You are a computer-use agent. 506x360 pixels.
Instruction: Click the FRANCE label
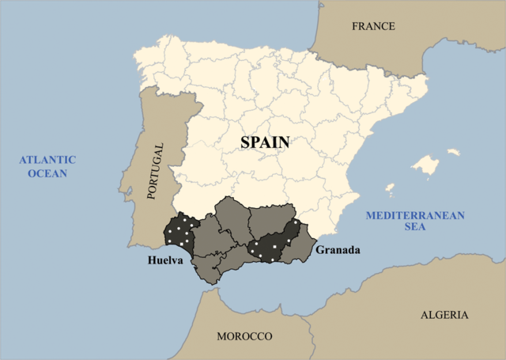click(x=373, y=26)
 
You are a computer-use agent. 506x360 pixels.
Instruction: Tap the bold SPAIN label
click(x=265, y=142)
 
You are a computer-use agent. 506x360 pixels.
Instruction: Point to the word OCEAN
click(x=47, y=173)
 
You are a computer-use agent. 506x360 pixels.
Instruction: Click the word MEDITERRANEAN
click(x=414, y=215)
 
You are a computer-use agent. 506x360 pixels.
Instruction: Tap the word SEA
click(x=414, y=228)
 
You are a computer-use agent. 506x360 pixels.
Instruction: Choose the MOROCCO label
click(x=244, y=336)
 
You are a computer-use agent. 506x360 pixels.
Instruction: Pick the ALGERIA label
click(x=444, y=315)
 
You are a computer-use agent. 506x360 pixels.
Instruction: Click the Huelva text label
click(x=165, y=260)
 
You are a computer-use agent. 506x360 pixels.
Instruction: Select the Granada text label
click(x=338, y=251)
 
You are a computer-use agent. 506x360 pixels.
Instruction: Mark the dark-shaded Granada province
click(x=273, y=244)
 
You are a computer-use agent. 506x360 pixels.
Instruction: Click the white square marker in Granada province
click(x=274, y=248)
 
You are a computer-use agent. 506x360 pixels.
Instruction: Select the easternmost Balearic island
click(x=453, y=152)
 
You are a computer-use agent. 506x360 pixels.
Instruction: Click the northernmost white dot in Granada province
click(x=289, y=222)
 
